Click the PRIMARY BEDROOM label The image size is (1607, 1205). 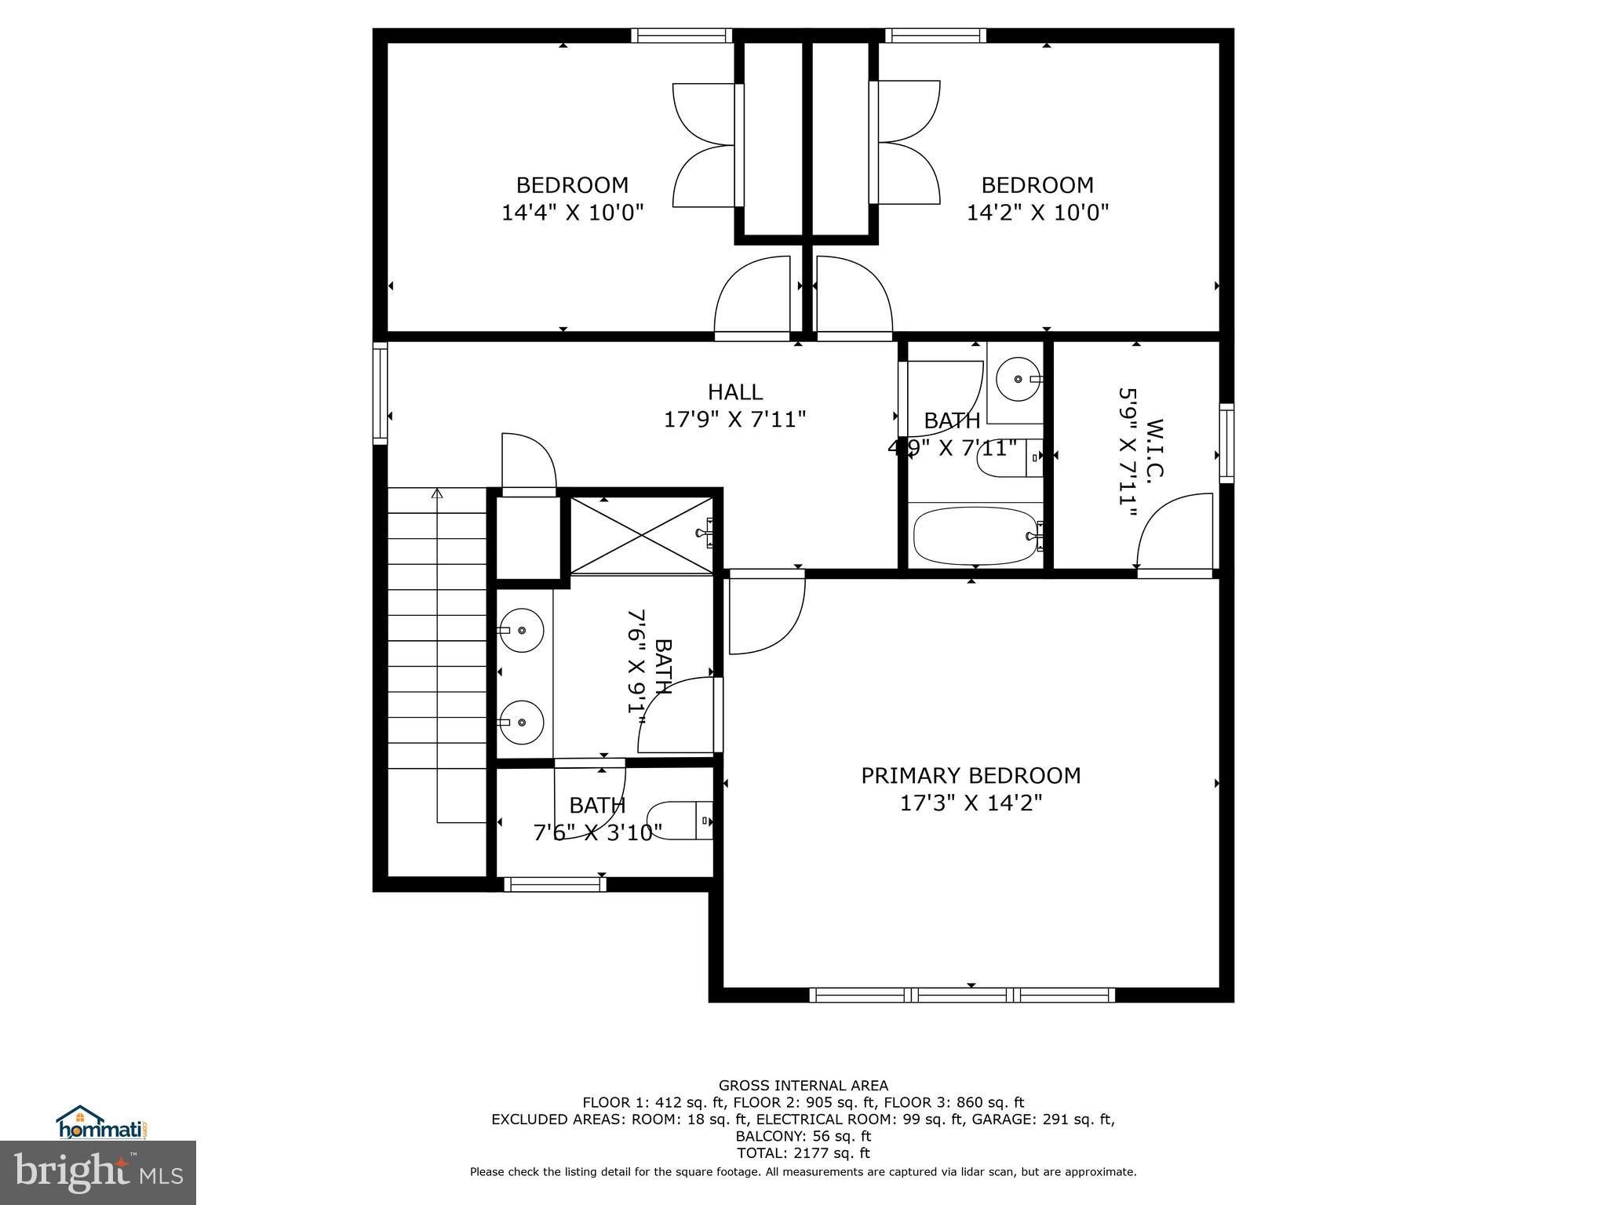tap(971, 776)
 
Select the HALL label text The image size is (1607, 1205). tap(734, 392)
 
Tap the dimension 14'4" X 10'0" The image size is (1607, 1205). tap(572, 213)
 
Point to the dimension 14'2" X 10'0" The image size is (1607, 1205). tap(1037, 213)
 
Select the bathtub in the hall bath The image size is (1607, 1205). tap(975, 536)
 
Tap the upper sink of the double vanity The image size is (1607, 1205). tap(522, 631)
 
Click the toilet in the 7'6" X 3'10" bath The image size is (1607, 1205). tap(681, 821)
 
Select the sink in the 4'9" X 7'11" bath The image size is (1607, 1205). tap(1018, 379)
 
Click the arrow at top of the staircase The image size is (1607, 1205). tap(437, 493)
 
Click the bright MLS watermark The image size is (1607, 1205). tap(98, 1173)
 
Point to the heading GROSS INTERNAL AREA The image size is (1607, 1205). tap(803, 1086)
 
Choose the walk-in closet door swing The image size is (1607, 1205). tap(1175, 532)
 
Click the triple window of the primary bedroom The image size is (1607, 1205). tap(962, 996)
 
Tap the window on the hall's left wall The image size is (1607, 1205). tap(380, 393)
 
